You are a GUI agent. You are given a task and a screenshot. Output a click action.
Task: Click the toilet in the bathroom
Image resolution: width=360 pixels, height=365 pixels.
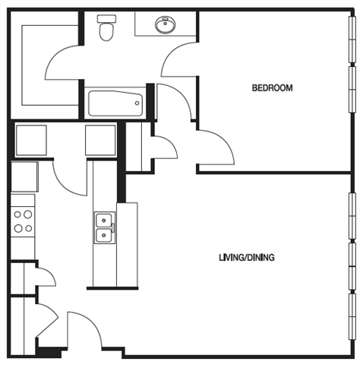[106, 30]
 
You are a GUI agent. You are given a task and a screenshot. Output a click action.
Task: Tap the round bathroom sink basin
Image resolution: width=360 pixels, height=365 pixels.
[165, 25]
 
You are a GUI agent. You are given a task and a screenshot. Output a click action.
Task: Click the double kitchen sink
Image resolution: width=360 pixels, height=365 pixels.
[104, 227]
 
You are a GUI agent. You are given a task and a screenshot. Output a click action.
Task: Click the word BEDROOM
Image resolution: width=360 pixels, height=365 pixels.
[272, 88]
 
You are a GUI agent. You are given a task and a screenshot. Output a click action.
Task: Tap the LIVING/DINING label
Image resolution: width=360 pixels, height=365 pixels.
[246, 257]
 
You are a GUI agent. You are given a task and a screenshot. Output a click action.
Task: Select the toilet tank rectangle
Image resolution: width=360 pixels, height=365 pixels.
[106, 17]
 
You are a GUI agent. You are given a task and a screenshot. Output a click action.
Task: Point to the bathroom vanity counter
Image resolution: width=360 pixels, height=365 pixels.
[166, 24]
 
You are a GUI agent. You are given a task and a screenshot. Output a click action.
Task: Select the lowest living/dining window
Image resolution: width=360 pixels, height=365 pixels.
[351, 316]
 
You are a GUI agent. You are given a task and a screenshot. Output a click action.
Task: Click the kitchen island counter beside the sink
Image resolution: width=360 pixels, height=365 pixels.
[127, 243]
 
